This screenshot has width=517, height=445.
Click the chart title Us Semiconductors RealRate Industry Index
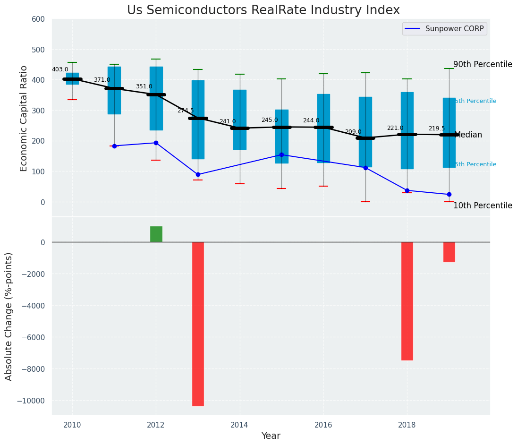[x=263, y=10]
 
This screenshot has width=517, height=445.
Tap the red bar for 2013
[x=198, y=324]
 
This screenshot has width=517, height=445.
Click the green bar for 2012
[x=156, y=234]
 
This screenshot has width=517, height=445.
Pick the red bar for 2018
[x=407, y=301]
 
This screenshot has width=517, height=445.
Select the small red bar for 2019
[x=449, y=252]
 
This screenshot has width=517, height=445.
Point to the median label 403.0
[x=60, y=69]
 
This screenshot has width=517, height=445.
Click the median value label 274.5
[x=186, y=111]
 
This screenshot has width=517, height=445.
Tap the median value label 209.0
[x=353, y=132]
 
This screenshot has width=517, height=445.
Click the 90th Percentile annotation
[x=483, y=64]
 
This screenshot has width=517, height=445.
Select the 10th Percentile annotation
[x=483, y=205]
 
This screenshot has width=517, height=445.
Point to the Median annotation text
[x=468, y=135]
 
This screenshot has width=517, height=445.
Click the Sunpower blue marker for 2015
[x=281, y=154]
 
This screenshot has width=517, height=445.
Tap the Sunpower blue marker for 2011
[x=114, y=146]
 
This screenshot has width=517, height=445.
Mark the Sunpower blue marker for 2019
[x=449, y=194]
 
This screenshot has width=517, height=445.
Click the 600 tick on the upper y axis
[x=38, y=19]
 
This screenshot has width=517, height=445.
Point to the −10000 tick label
[x=29, y=401]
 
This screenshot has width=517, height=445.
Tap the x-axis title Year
[x=271, y=436]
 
